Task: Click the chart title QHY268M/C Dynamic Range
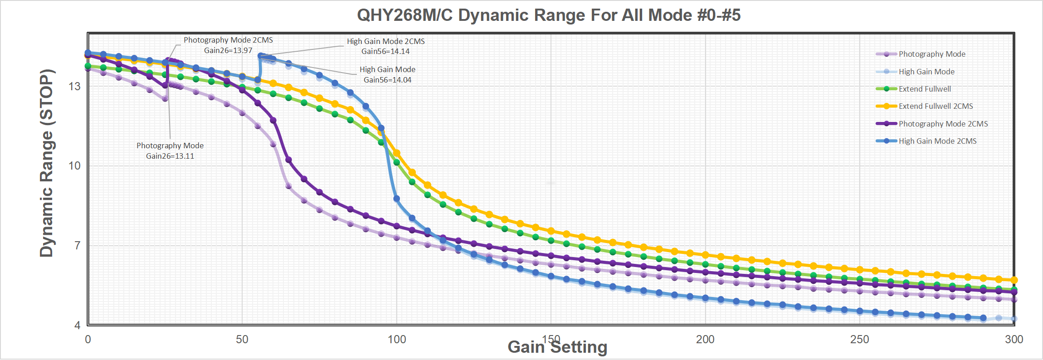[549, 15]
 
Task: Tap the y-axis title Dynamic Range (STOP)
[47, 163]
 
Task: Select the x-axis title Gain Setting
[557, 347]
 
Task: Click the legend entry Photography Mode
[931, 54]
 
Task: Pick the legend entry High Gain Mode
[926, 72]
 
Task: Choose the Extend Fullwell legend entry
[924, 89]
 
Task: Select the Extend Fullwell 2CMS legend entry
[936, 106]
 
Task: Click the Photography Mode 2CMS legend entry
[943, 124]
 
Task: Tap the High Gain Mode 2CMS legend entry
[937, 141]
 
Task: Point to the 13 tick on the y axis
[74, 86]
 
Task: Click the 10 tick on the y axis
[74, 165]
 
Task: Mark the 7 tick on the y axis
[77, 245]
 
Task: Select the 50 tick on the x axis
[242, 339]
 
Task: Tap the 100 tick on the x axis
[397, 339]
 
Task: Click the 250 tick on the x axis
[860, 339]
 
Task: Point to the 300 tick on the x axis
[1014, 339]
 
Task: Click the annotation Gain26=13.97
[228, 50]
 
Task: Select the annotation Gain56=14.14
[385, 51]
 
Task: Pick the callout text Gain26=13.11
[170, 156]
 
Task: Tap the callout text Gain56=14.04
[387, 80]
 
